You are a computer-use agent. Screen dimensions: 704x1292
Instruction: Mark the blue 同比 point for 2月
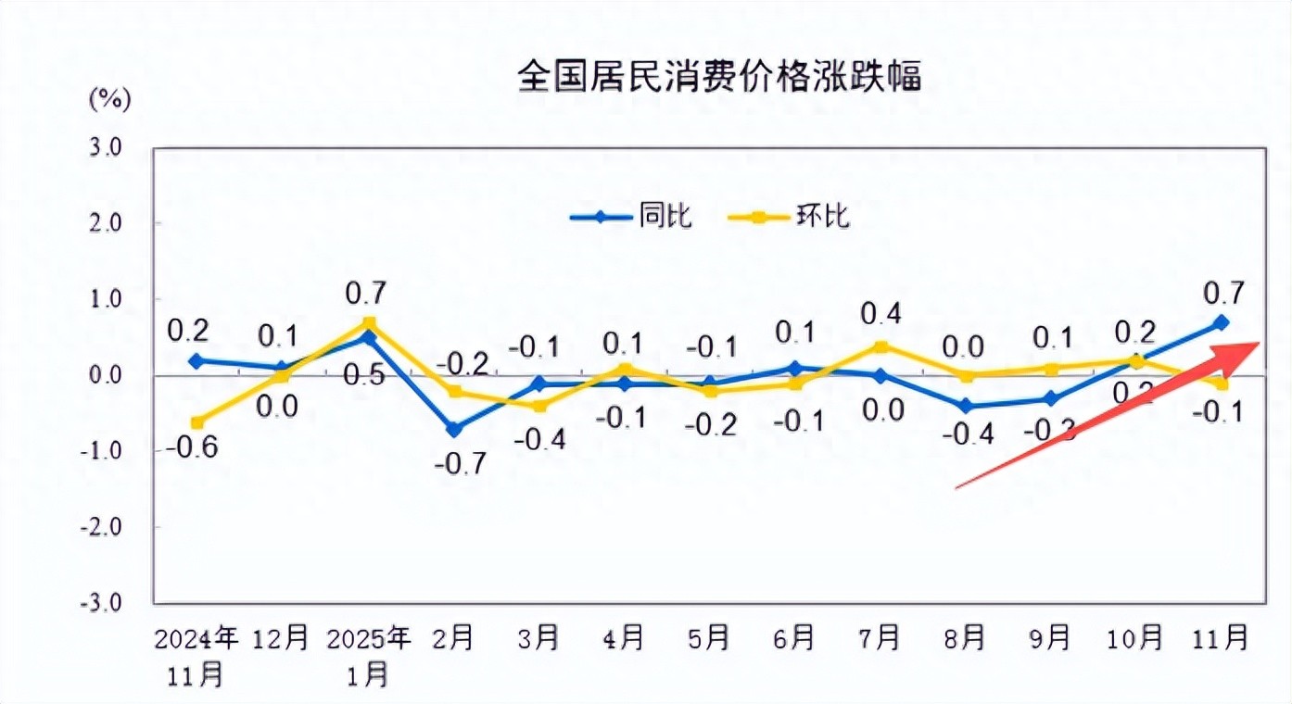[454, 429]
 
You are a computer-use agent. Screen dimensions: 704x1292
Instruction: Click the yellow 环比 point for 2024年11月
[196, 422]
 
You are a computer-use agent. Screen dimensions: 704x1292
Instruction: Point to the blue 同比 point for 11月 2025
[1222, 322]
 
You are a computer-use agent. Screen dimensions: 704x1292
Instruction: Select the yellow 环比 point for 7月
[880, 346]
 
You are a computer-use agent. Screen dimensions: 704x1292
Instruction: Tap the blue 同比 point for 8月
[965, 406]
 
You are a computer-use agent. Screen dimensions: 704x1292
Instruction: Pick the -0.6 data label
[194, 448]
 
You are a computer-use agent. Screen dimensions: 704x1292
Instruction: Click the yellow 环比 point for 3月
[538, 406]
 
